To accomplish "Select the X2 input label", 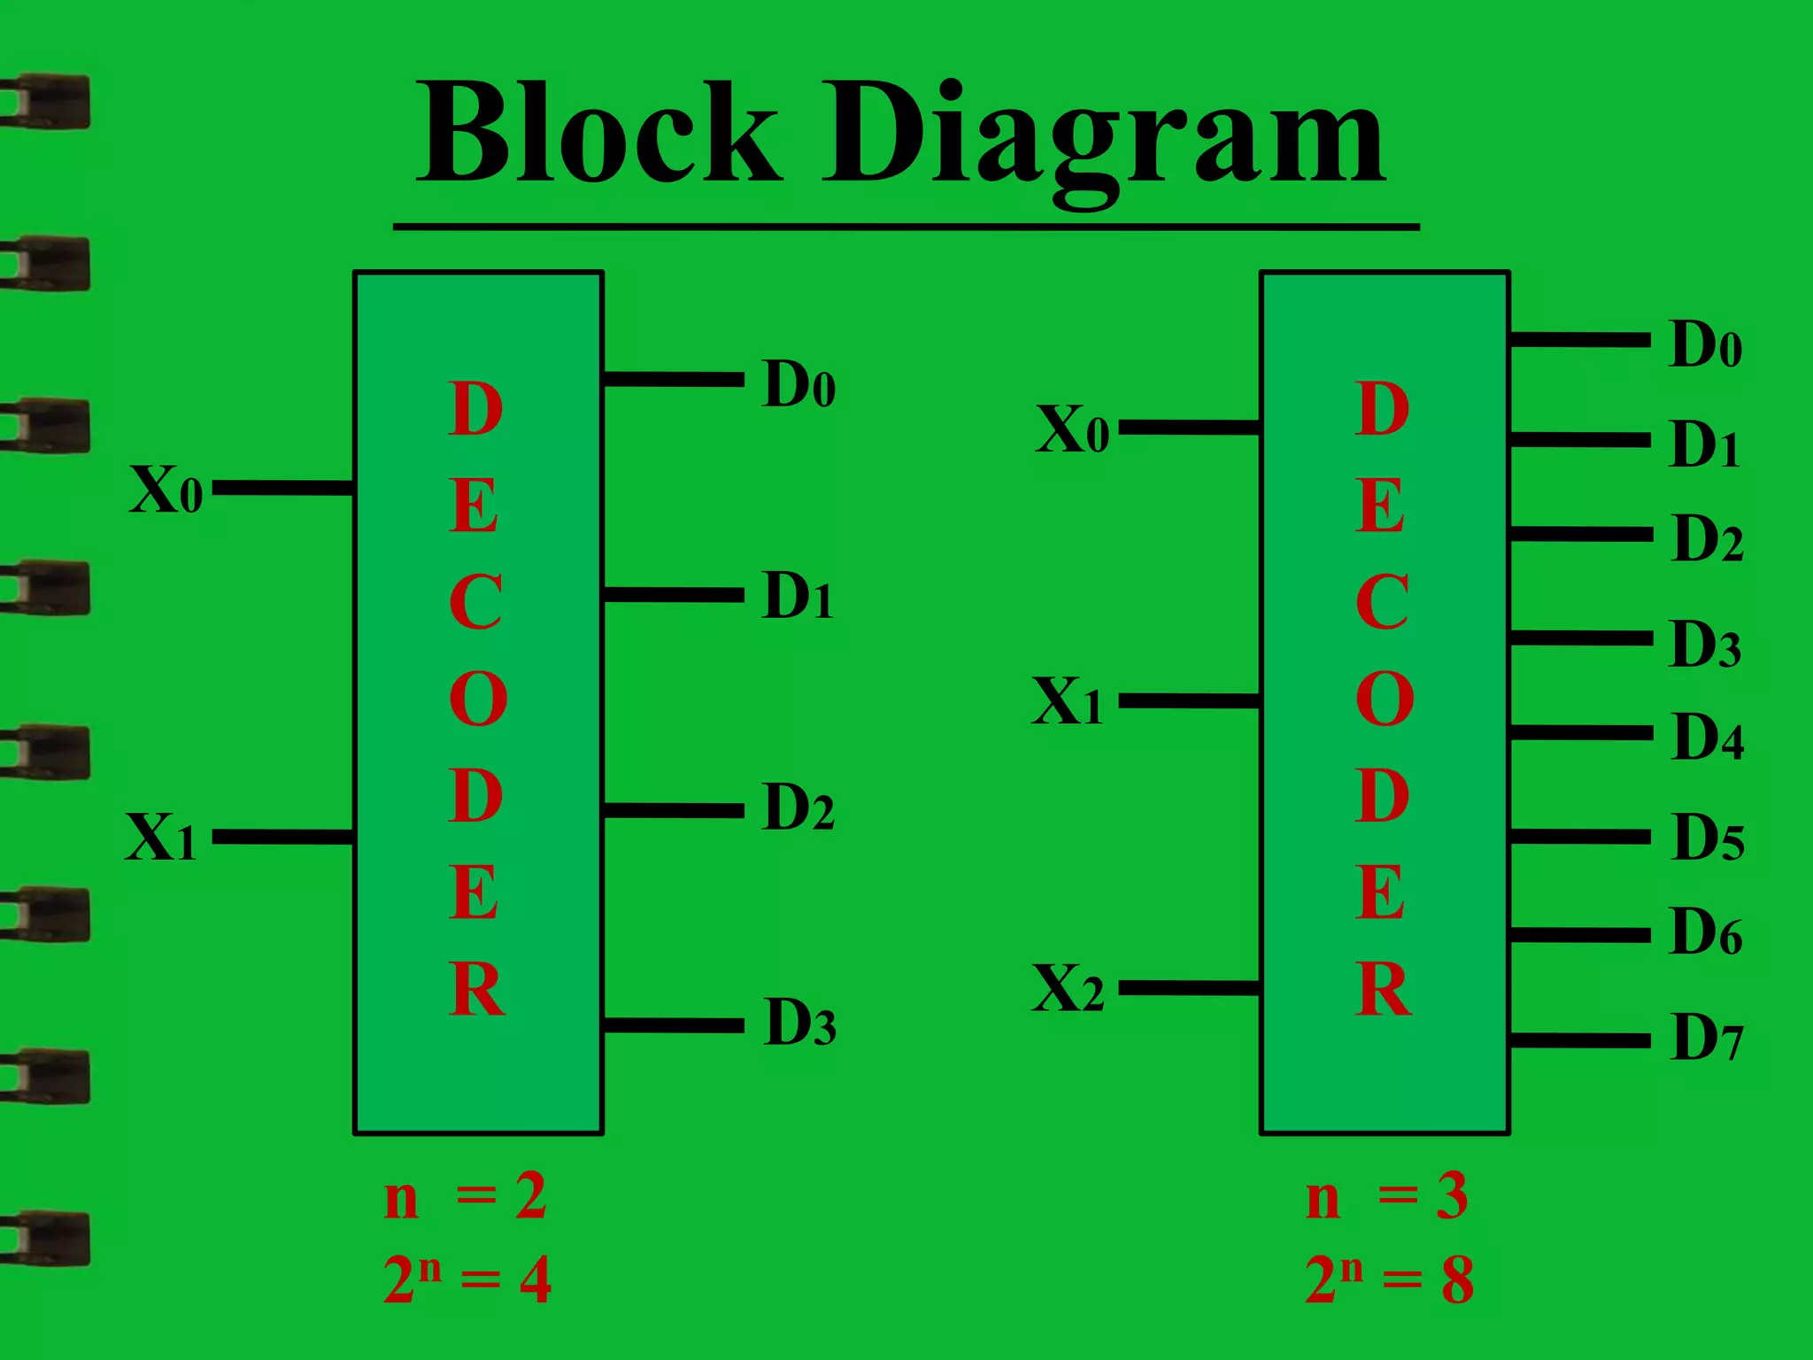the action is [x=1068, y=988].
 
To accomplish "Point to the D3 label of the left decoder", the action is [x=799, y=1023].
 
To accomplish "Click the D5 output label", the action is [x=1708, y=837].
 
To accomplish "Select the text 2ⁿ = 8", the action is [x=1389, y=1279].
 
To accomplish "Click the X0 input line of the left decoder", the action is [x=283, y=488].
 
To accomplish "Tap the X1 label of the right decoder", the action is [x=1067, y=701].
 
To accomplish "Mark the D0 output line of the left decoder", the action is [x=673, y=379].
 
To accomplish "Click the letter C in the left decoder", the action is [x=475, y=602].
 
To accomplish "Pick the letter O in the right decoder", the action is [x=1384, y=699].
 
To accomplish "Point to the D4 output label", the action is [x=1708, y=737].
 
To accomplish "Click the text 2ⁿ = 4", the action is [x=467, y=1279].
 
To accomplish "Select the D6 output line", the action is [x=1580, y=935].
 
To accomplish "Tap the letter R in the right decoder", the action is [x=1383, y=989].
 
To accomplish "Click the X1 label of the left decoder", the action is [x=160, y=837].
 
